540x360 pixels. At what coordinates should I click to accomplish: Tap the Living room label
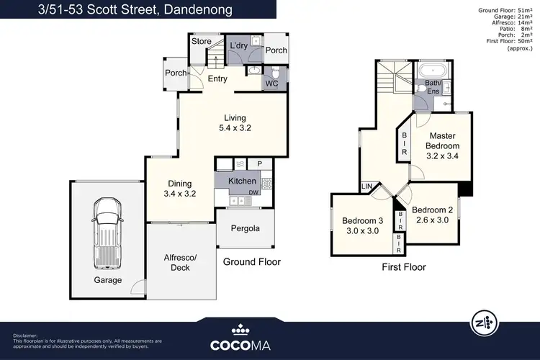click(235, 123)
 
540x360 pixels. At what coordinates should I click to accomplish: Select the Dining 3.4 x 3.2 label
click(180, 189)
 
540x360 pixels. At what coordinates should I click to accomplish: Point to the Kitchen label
click(242, 181)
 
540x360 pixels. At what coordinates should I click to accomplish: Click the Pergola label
click(245, 229)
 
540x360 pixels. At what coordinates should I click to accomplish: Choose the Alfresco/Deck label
click(181, 263)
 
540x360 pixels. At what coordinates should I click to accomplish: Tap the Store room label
click(201, 42)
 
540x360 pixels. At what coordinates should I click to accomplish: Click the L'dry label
click(238, 46)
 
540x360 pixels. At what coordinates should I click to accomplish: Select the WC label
click(271, 84)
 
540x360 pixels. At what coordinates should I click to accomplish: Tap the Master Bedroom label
click(444, 146)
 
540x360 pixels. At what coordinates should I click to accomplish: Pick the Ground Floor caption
click(251, 262)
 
